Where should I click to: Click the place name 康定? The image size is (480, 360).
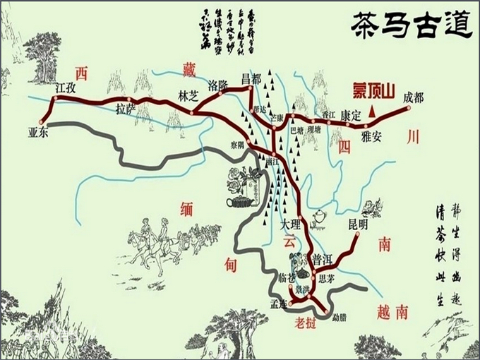click(351, 114)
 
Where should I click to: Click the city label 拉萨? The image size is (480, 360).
click(126, 109)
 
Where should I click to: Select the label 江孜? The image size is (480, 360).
click(65, 89)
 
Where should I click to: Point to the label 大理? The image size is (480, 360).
click(290, 224)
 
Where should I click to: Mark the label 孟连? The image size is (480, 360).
click(280, 304)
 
